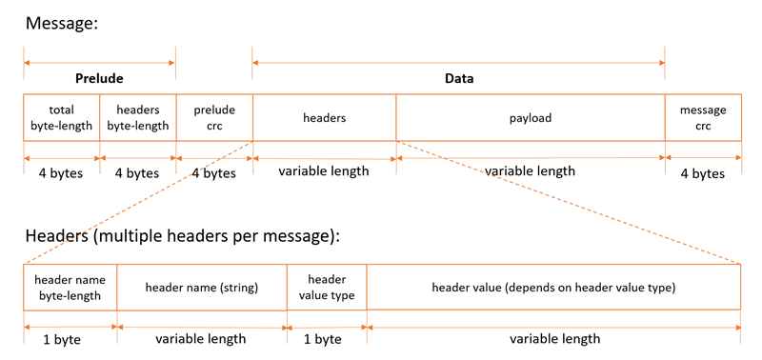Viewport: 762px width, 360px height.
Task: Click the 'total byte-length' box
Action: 61,118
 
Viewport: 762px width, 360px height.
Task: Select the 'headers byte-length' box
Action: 137,118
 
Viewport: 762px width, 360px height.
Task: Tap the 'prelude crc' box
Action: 213,118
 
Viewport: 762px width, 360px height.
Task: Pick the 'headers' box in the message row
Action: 324,118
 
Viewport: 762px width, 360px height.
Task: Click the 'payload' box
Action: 530,118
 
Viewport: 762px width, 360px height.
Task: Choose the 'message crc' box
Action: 703,118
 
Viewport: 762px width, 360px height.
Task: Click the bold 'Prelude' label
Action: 99,78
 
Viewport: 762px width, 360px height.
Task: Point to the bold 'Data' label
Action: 459,78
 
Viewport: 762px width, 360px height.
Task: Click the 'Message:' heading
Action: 62,23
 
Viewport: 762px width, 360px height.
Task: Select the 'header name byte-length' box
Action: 70,288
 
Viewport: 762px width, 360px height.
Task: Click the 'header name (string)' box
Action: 201,288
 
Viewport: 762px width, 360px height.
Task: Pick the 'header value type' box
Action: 327,288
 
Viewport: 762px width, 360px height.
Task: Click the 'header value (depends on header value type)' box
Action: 553,288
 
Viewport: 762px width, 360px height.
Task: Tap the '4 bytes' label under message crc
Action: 703,173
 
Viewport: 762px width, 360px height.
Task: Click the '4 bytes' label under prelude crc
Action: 213,173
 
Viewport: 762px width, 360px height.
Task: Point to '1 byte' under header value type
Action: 322,339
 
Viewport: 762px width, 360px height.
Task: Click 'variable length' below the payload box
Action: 530,171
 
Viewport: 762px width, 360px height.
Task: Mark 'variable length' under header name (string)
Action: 201,339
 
